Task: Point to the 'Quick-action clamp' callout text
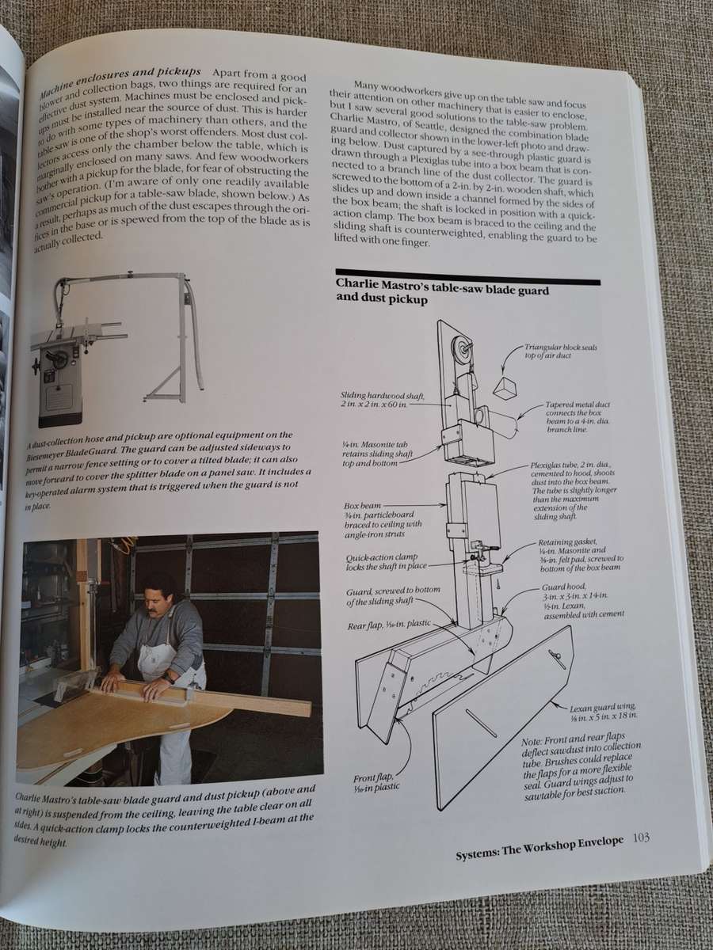coord(383,562)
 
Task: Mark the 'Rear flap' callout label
coord(388,625)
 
